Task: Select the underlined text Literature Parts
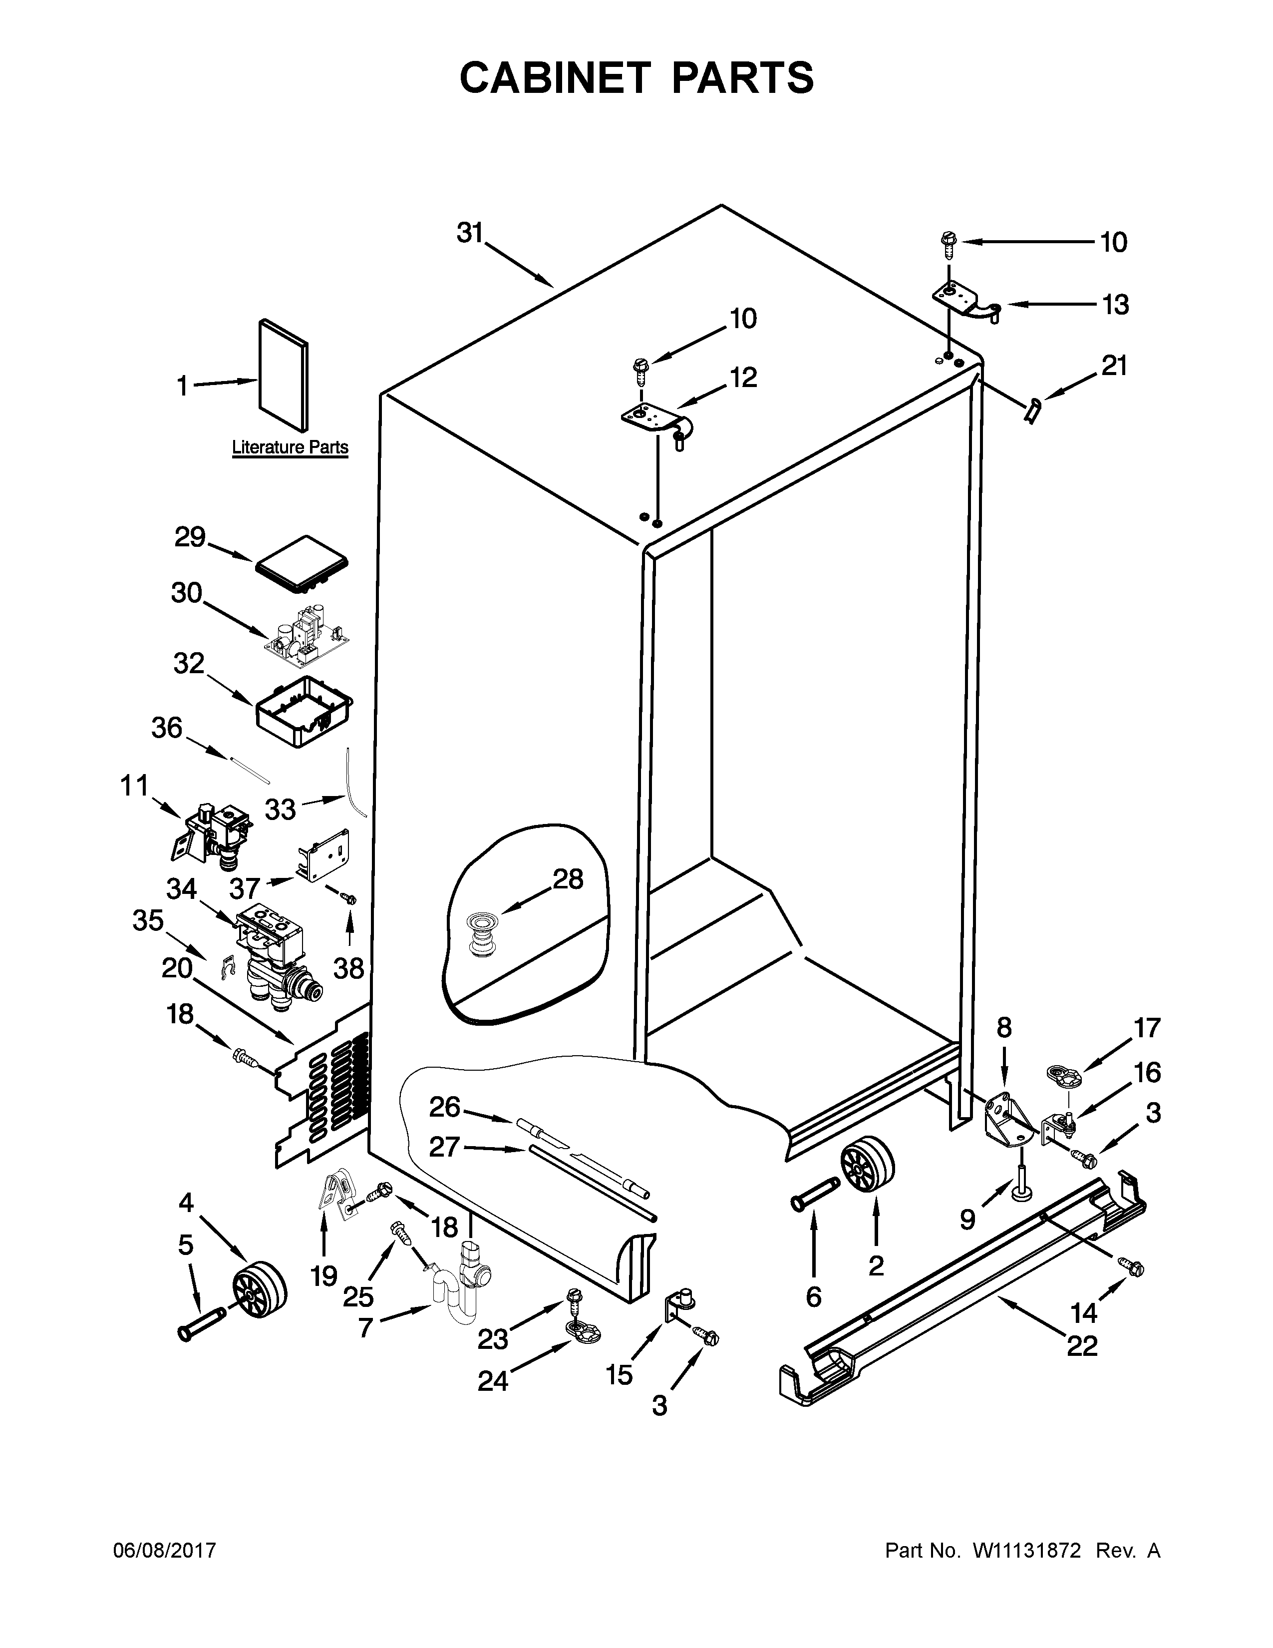[290, 447]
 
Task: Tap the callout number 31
[470, 234]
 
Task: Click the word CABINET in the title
[554, 78]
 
